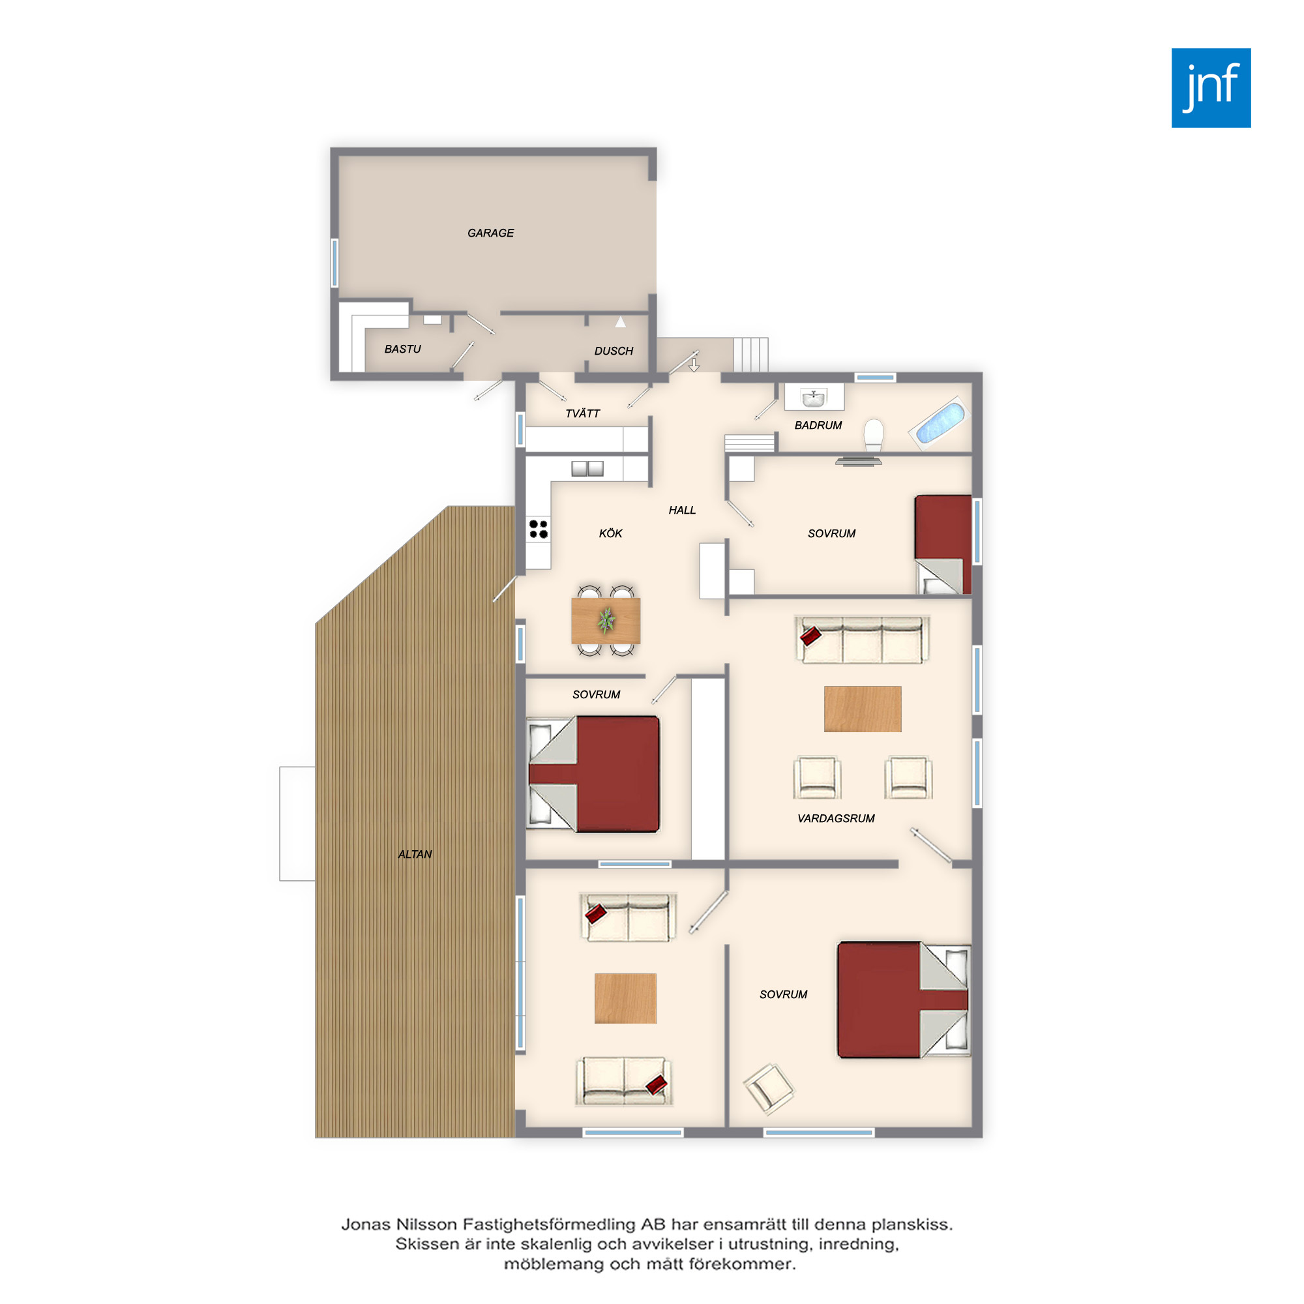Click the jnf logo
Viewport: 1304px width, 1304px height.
[1211, 88]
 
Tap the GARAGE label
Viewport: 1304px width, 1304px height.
[491, 233]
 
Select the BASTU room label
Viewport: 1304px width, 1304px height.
[402, 349]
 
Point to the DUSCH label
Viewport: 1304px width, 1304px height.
[614, 351]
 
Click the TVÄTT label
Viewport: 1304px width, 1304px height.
[582, 413]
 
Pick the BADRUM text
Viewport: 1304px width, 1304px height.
[818, 425]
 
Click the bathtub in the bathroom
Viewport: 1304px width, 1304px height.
[939, 422]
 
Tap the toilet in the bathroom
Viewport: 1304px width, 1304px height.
[874, 436]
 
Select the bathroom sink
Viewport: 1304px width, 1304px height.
[814, 398]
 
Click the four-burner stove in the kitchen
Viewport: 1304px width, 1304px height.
[539, 529]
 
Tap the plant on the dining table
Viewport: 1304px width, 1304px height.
[607, 619]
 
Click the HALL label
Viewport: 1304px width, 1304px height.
[682, 511]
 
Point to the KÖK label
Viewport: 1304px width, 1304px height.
[610, 533]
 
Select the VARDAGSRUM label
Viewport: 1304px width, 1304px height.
[836, 819]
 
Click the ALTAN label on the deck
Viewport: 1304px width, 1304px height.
[415, 855]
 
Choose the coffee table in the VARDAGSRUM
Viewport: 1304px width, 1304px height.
[863, 709]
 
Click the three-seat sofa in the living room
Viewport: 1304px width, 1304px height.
[862, 639]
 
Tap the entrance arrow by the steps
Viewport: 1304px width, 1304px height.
[694, 364]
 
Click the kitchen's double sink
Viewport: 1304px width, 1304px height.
[587, 468]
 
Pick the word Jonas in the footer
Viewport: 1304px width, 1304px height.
[366, 1224]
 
